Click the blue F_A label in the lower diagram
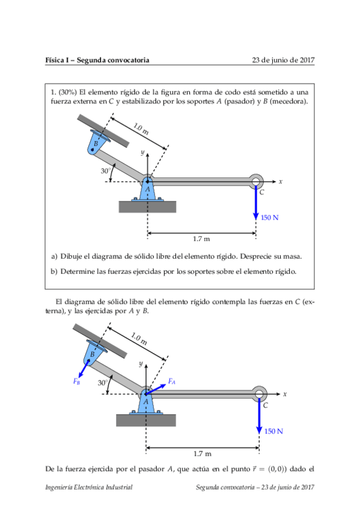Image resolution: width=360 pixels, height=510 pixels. (x=171, y=381)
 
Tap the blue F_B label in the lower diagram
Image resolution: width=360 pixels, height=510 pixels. (x=77, y=381)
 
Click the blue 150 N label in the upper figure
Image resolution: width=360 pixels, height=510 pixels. (x=270, y=218)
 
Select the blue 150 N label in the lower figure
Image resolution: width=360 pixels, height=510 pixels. (x=273, y=431)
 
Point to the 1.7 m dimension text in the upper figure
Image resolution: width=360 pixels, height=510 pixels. (x=201, y=239)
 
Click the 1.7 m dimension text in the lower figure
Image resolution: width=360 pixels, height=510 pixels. (x=203, y=453)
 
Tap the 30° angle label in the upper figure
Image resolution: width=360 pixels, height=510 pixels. (x=106, y=171)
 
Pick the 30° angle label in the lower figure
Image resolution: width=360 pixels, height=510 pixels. (x=103, y=383)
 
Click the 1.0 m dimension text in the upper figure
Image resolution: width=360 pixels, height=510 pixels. (x=141, y=129)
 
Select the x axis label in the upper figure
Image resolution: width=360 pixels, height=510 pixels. (x=281, y=182)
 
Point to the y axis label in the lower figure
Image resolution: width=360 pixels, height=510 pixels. (x=141, y=364)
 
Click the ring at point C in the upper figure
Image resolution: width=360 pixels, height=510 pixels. (x=256, y=176)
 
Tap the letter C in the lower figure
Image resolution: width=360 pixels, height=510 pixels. (x=266, y=405)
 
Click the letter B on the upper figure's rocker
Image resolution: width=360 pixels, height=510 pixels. (x=96, y=143)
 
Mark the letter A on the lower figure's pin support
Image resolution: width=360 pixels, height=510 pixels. (x=146, y=402)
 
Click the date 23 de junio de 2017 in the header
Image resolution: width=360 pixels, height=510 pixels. (x=283, y=60)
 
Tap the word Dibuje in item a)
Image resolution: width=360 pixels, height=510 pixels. (x=71, y=257)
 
